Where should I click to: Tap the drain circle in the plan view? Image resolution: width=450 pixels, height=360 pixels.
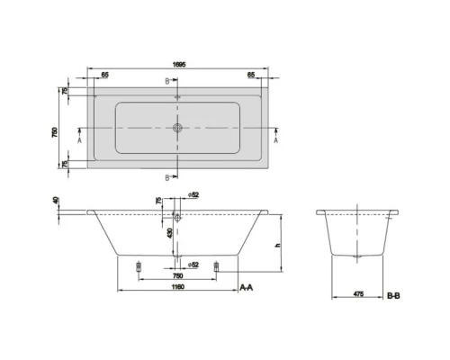coord(178,128)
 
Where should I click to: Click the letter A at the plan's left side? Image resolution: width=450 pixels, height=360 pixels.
coord(80,141)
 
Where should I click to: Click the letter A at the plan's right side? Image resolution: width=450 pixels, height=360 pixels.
coord(275,141)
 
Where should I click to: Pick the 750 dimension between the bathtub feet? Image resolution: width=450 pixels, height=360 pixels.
coord(178,275)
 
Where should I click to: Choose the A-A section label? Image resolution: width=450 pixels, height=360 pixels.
coord(246,286)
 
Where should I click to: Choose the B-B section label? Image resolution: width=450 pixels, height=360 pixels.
coord(393,294)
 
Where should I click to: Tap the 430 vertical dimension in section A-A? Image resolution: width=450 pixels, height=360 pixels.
coord(169,233)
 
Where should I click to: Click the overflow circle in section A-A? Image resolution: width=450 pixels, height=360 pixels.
coord(178,217)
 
